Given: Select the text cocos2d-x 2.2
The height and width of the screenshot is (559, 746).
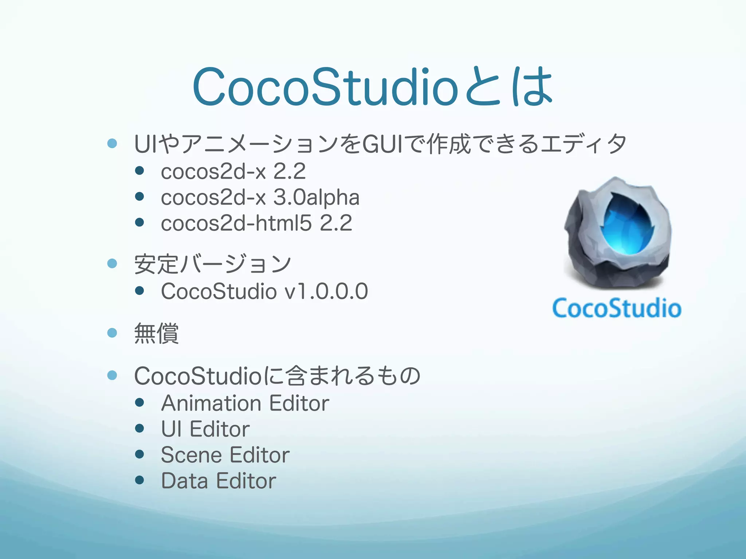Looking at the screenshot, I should coord(233,171).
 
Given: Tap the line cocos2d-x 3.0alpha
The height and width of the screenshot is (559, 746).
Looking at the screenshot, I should coord(260,198).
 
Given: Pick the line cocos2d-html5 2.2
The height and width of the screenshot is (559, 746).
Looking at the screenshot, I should coord(256,223).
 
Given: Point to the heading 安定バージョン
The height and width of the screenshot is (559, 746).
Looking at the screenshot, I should coord(212,264).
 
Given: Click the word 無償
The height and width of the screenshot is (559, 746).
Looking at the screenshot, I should coord(156,333).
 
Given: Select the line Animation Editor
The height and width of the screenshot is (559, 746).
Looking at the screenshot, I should coord(245,403).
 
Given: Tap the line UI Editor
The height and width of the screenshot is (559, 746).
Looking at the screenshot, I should coord(205,429).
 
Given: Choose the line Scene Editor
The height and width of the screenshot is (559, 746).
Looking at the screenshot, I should coord(225,455).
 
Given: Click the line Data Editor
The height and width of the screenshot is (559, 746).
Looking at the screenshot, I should coord(219,481).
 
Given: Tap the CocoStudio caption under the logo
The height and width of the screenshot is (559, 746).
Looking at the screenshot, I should coord(616,309).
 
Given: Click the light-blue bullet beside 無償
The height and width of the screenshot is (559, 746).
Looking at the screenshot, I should coord(112,333).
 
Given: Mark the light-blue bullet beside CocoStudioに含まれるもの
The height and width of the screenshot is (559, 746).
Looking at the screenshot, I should coord(112,375).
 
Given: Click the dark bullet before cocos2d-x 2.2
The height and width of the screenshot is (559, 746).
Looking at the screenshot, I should coord(139,170).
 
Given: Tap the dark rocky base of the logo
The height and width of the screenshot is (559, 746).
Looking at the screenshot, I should coord(616,275).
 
